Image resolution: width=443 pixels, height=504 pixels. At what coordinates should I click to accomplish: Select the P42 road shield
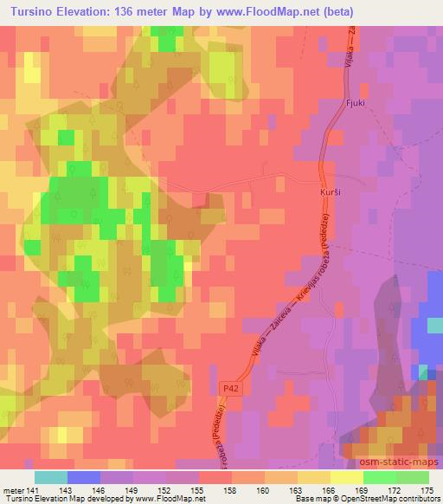pos(228,391)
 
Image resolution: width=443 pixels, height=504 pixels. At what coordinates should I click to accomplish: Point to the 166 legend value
pos(328,490)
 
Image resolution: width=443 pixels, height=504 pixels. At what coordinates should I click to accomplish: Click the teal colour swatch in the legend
pos(50,477)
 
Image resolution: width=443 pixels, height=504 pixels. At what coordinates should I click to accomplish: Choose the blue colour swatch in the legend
pos(82,477)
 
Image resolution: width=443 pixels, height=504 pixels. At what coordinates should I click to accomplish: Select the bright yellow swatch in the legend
pos(346,477)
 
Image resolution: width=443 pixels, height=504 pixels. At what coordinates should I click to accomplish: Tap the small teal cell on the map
pos(423,372)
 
